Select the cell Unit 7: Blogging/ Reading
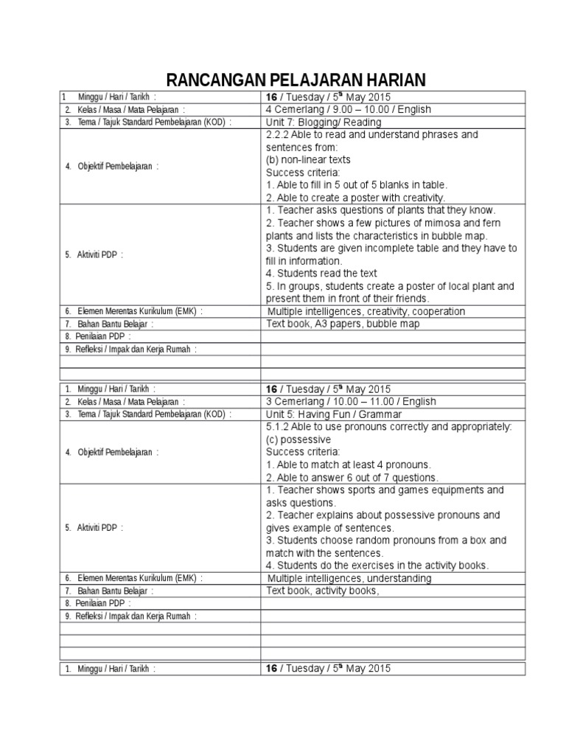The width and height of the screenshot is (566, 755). pyautogui.click(x=324, y=122)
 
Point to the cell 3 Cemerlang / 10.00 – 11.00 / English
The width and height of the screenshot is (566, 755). pyautogui.click(x=351, y=402)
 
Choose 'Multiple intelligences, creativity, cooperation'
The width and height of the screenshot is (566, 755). pyautogui.click(x=366, y=311)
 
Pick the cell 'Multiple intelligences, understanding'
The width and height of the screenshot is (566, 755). pyautogui.click(x=349, y=578)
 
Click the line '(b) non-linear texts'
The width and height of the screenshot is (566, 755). pyautogui.click(x=308, y=160)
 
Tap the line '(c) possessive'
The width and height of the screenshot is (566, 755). pyautogui.click(x=298, y=439)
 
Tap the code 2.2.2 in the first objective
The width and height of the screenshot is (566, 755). pyautogui.click(x=279, y=135)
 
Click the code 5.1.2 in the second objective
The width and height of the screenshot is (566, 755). pyautogui.click(x=279, y=427)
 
